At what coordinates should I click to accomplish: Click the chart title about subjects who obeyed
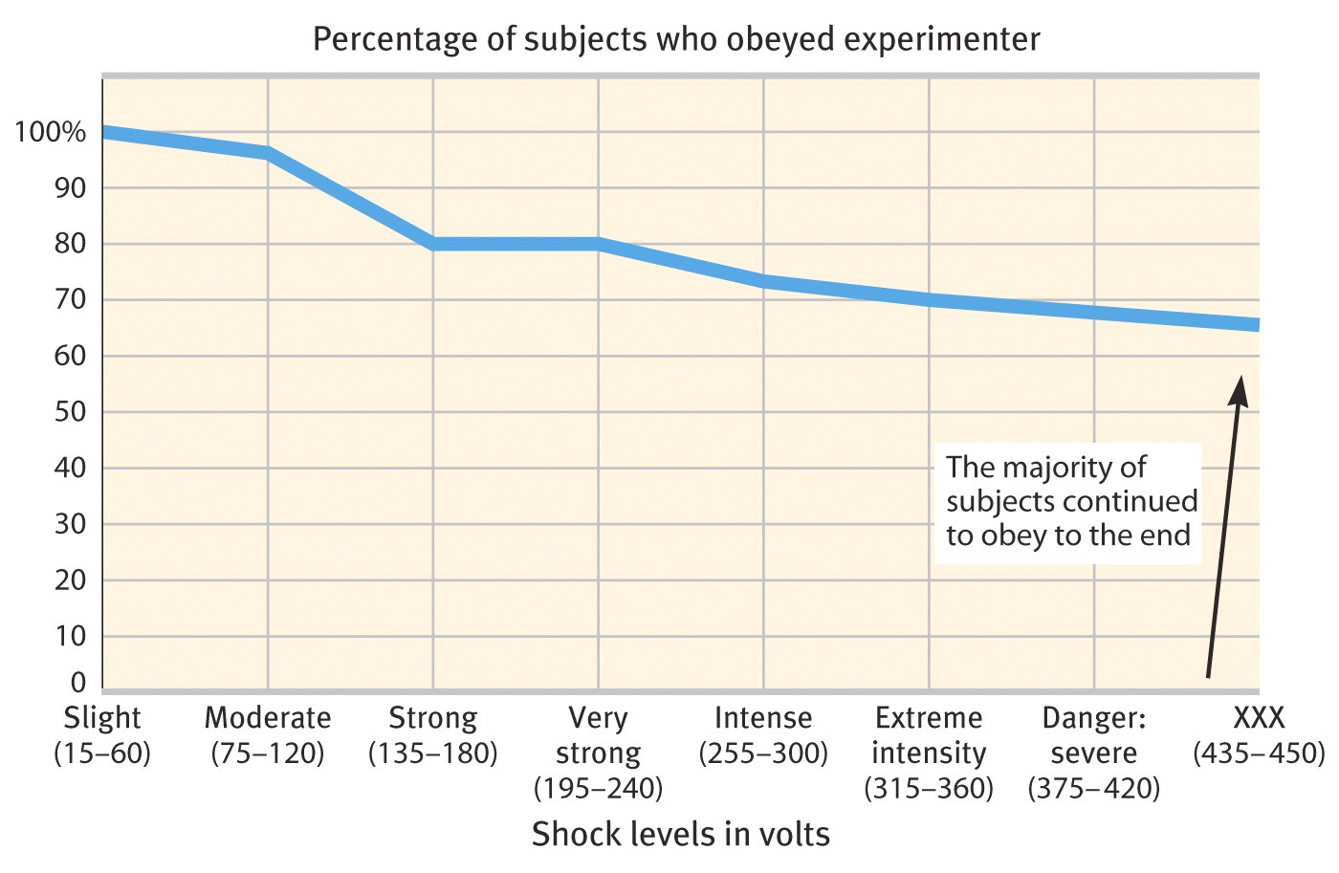tap(676, 39)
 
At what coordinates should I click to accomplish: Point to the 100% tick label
tap(51, 132)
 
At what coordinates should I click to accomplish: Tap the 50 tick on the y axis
tap(71, 412)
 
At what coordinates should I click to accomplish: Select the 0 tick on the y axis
tap(78, 683)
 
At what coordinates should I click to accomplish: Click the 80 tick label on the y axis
tap(71, 244)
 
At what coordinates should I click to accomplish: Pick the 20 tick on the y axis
tap(71, 580)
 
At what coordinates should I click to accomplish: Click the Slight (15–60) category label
tap(102, 735)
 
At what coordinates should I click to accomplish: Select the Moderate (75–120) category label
tap(268, 735)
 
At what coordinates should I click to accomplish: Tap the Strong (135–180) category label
tap(433, 735)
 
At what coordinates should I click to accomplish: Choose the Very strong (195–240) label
tap(598, 753)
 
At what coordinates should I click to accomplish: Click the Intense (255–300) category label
tap(763, 735)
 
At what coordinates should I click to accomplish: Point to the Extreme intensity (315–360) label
tap(929, 753)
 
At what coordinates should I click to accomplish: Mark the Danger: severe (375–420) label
tap(1094, 753)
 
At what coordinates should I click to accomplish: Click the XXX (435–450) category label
tap(1259, 735)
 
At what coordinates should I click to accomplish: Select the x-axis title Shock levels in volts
tap(681, 834)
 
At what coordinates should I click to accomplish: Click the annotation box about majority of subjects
tap(1068, 501)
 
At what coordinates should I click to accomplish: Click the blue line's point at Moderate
tap(268, 153)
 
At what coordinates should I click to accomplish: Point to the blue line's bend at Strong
tap(433, 244)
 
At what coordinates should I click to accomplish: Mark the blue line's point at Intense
tap(763, 281)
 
